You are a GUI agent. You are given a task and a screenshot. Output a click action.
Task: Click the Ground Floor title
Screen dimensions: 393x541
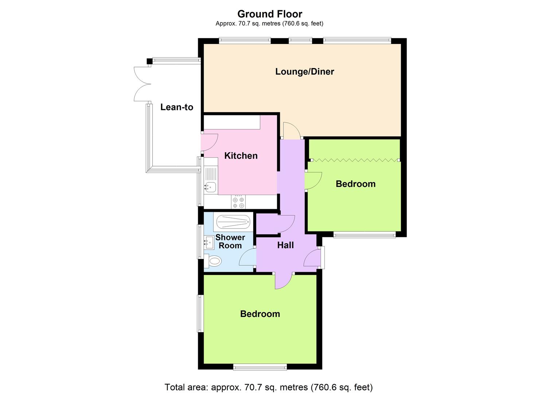[x=270, y=14]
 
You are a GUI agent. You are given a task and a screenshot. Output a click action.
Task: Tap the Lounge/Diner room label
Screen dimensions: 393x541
[x=305, y=71]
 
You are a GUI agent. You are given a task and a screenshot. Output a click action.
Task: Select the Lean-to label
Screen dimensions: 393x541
[x=177, y=107]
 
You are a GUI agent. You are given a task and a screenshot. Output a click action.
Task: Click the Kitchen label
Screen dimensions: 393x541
[x=241, y=156]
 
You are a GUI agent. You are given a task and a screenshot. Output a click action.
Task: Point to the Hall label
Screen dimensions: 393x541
[x=285, y=245]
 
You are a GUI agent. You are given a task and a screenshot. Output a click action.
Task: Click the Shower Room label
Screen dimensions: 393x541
[x=230, y=241]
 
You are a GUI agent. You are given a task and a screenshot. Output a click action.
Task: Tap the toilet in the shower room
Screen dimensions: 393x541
[x=213, y=261]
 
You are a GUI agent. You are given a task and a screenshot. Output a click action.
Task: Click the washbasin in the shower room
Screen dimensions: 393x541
[x=209, y=242]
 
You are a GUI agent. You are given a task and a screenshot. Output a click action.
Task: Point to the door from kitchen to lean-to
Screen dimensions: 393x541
[x=209, y=143]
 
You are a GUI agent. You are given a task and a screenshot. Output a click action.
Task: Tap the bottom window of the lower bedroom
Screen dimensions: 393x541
[x=260, y=367]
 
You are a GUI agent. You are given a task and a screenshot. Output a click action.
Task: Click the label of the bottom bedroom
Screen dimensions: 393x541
[x=260, y=314]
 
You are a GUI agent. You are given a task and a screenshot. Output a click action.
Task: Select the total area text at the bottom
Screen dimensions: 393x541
[x=268, y=387]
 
